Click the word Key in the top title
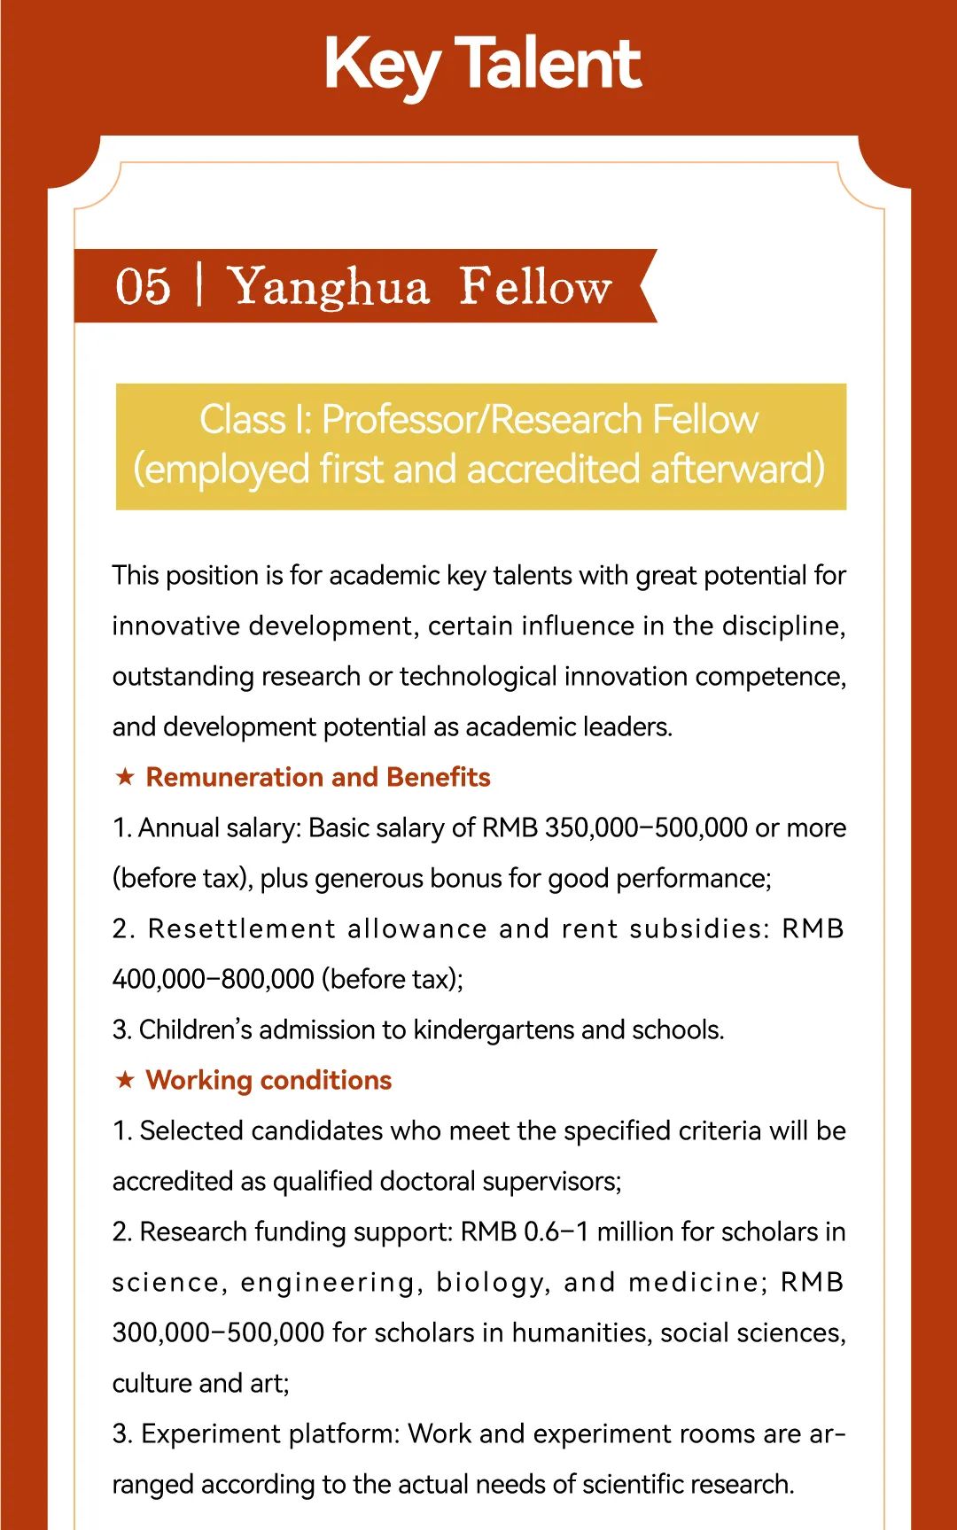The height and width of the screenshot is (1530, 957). [381, 64]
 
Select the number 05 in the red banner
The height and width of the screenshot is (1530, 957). [143, 287]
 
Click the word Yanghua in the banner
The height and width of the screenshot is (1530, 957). [329, 287]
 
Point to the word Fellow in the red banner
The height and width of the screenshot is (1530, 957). [535, 287]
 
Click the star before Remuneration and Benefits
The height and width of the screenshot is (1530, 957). [125, 777]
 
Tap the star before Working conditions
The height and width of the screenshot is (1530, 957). [125, 1080]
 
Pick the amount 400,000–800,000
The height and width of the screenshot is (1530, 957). [213, 979]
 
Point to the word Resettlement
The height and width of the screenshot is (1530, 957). [242, 928]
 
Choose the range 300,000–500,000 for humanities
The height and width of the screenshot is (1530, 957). [218, 1332]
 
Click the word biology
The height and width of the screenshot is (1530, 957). [491, 1282]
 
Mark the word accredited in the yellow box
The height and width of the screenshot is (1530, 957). [553, 469]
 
